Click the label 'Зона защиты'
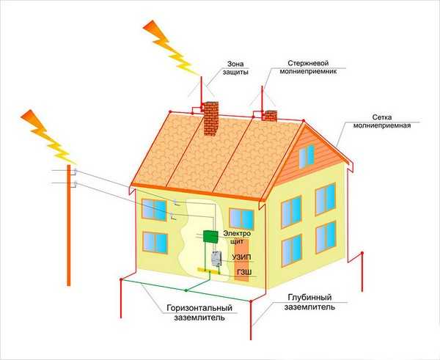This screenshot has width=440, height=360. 235,68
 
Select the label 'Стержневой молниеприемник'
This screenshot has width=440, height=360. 309,67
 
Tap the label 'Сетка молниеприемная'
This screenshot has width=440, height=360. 382,121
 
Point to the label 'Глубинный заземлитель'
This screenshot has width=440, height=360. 309,302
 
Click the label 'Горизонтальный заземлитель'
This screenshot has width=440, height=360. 199,312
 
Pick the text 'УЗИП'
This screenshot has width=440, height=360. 241,257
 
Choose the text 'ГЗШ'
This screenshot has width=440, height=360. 244,272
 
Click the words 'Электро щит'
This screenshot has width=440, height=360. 237,237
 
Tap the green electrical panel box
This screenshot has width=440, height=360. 210,237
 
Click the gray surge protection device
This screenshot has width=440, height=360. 216,259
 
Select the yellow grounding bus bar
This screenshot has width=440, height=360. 209,271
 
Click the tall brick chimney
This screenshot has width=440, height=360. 210,118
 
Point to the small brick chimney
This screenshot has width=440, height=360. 269,116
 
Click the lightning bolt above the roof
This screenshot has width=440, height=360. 171,48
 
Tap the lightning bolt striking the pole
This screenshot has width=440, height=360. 48,136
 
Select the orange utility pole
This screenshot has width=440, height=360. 69,225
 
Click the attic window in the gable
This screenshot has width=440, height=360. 307,157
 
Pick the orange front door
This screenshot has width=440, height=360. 241,260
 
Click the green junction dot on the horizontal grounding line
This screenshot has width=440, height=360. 186,290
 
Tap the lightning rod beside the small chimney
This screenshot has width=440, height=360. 263,100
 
